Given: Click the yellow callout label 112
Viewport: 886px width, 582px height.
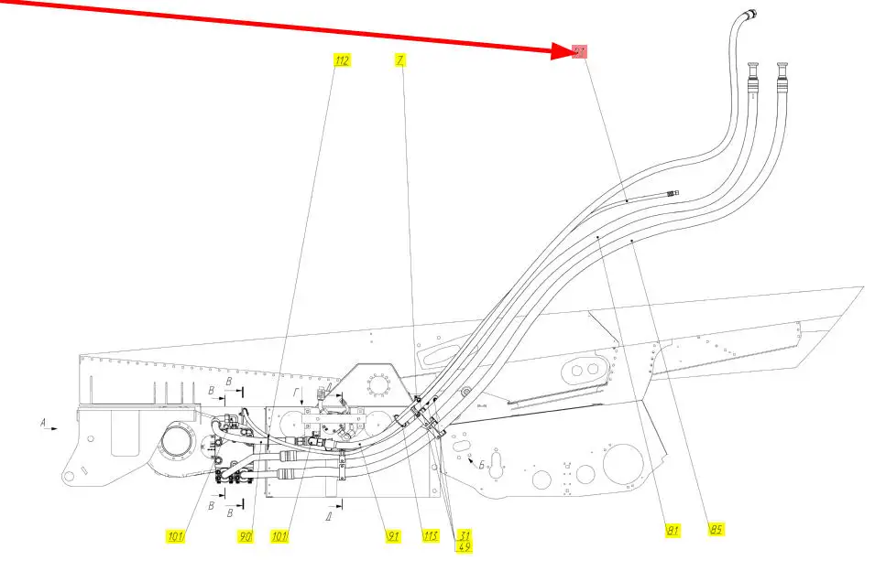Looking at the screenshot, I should [x=342, y=60].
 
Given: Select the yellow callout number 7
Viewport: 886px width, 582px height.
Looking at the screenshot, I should [x=400, y=60].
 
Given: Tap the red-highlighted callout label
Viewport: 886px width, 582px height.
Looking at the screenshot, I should [x=579, y=52].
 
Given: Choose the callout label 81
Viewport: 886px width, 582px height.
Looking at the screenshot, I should [x=673, y=529].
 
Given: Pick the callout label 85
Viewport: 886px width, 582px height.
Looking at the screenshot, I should [x=716, y=528].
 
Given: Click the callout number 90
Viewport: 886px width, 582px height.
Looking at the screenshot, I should [x=246, y=537].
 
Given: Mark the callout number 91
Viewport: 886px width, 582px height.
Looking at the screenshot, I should [x=392, y=536].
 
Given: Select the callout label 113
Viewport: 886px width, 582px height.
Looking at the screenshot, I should [x=429, y=536].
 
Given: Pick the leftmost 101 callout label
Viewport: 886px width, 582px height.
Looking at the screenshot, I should [x=176, y=537].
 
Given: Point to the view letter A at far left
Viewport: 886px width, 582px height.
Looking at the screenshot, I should [x=43, y=423].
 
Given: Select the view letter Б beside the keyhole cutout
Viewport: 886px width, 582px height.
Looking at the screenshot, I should [x=480, y=465].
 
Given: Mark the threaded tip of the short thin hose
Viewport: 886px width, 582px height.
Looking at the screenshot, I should [x=673, y=192].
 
